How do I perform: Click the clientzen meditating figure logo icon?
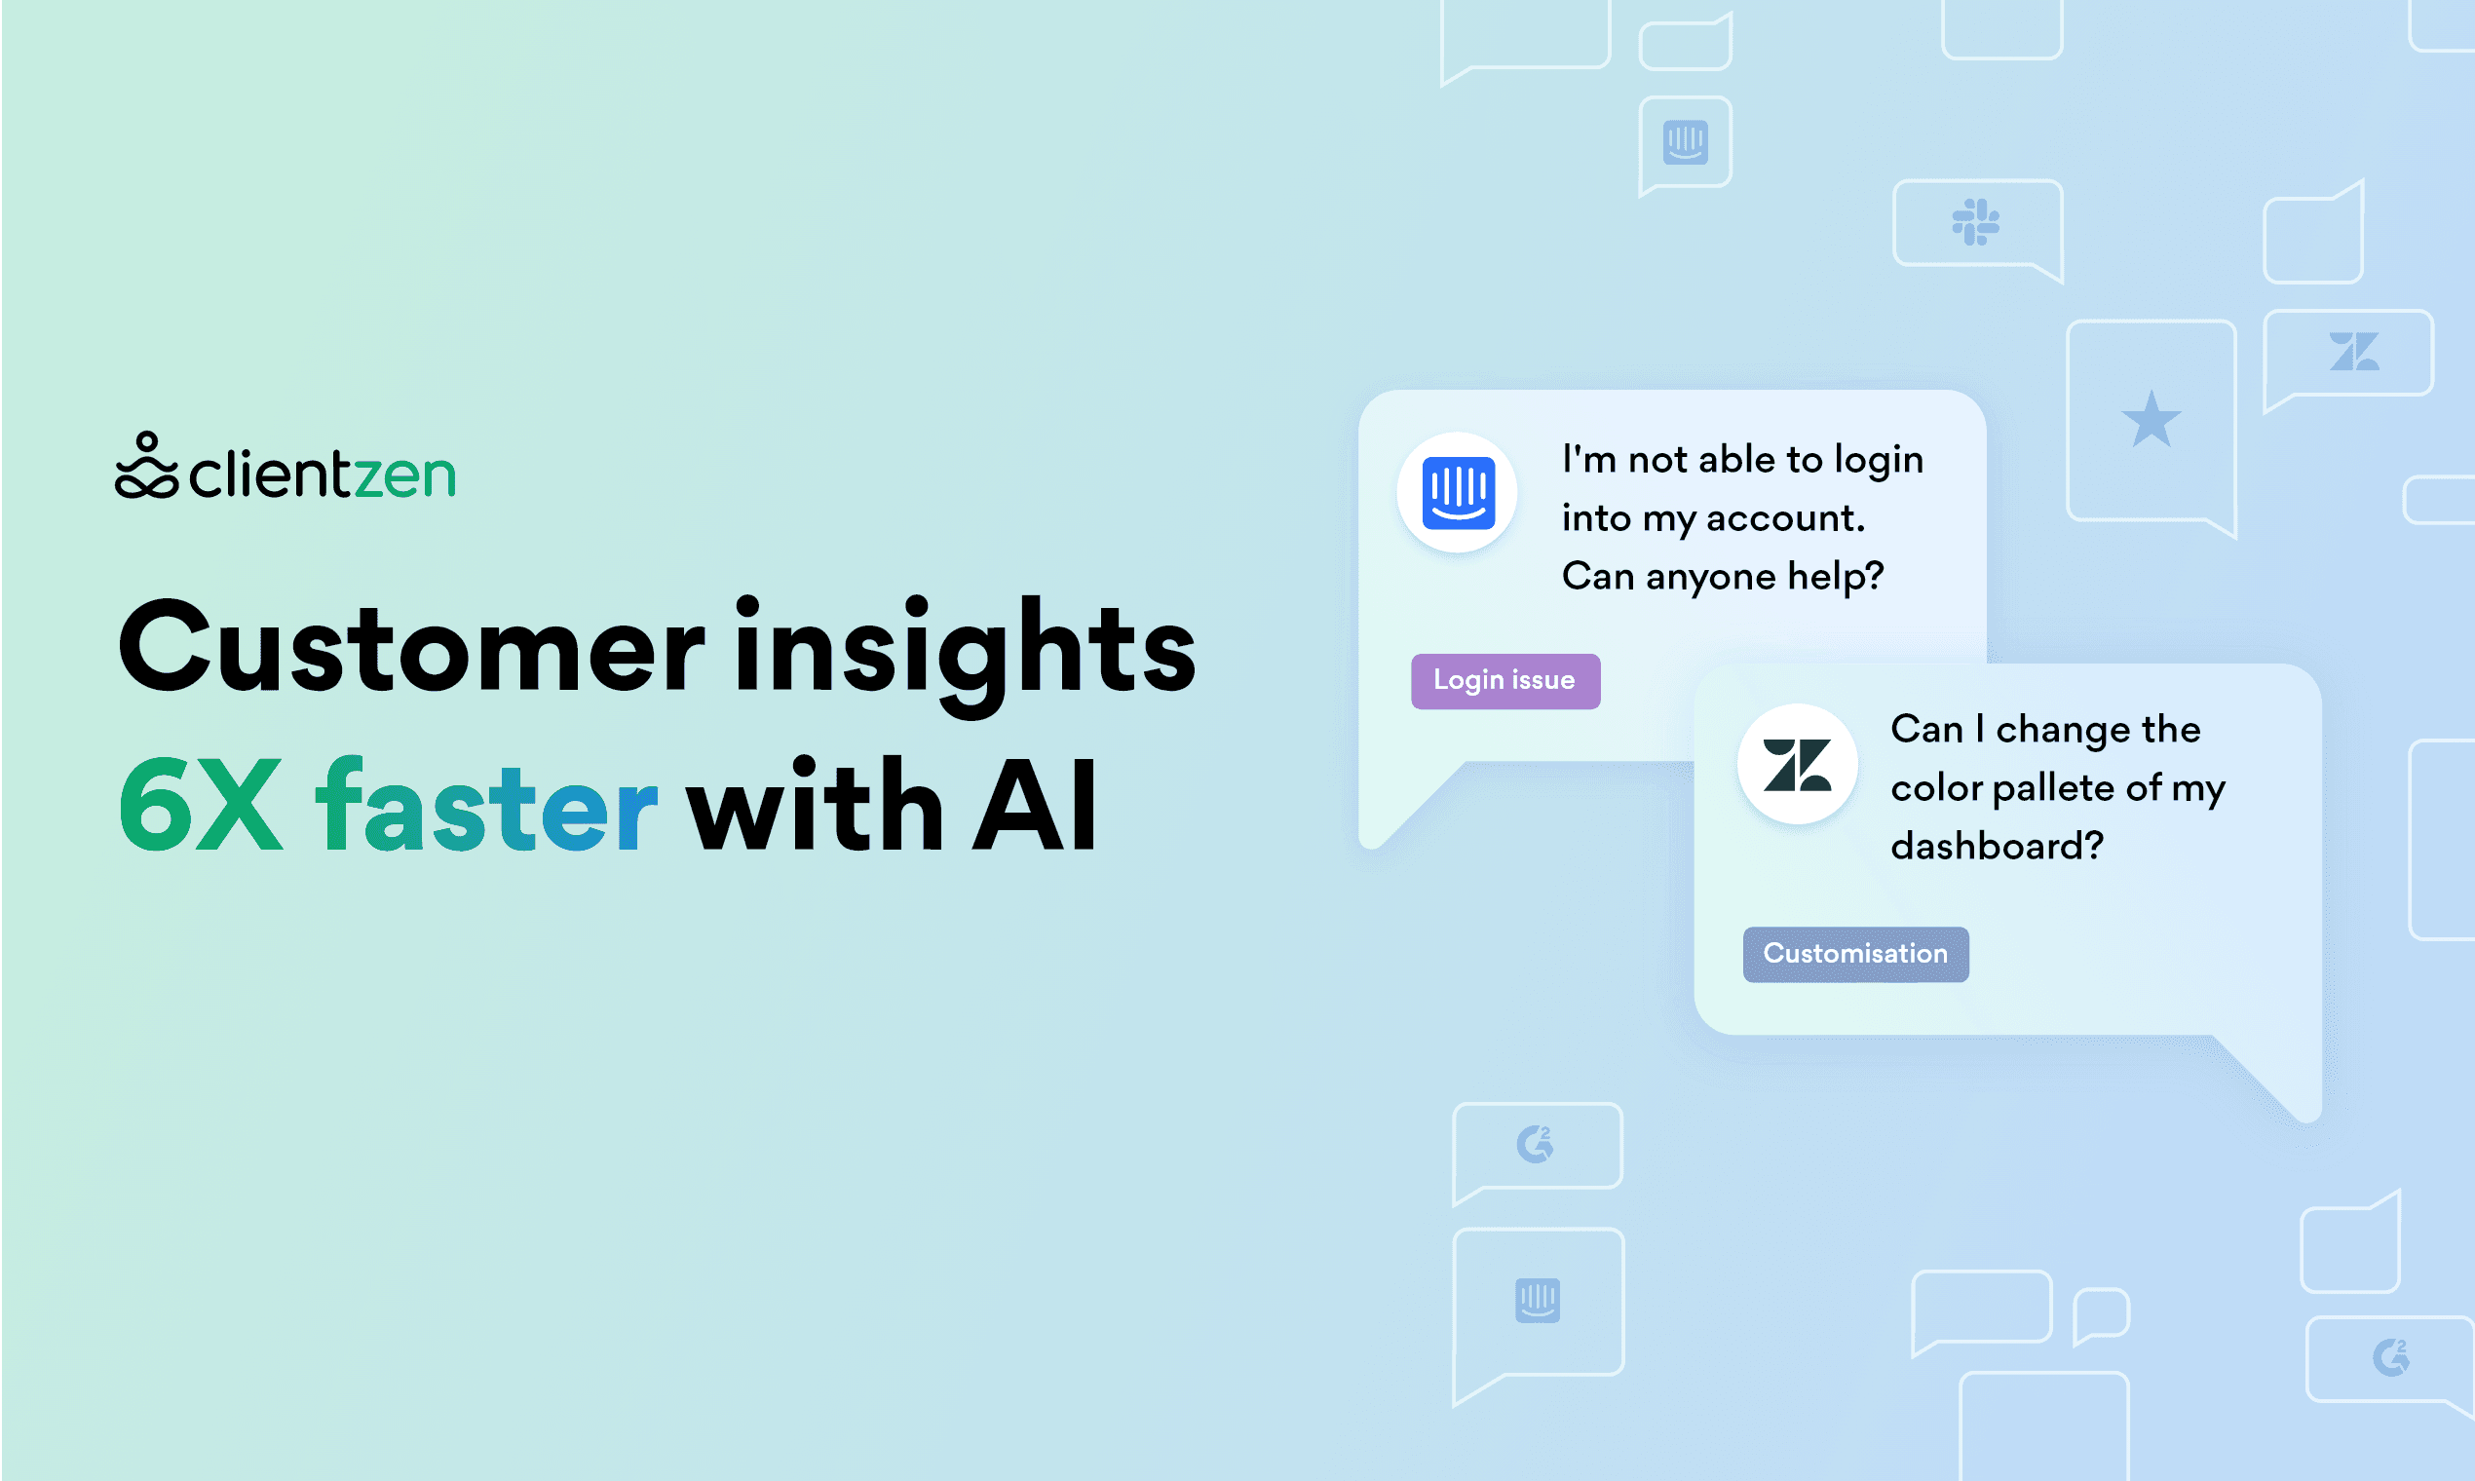(x=147, y=465)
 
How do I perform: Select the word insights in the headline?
(x=965, y=654)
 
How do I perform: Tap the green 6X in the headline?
(x=201, y=805)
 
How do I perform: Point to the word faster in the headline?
(x=486, y=805)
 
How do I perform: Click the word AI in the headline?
(x=1034, y=805)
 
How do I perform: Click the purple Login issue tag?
(x=1504, y=681)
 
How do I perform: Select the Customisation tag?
(x=1855, y=954)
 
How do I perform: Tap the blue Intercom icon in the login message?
(x=1457, y=492)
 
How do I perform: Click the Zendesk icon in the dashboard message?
(x=1797, y=765)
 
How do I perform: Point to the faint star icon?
(x=2151, y=419)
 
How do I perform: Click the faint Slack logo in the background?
(x=1975, y=221)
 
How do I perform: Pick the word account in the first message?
(x=1785, y=518)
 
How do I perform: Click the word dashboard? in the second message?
(x=1996, y=846)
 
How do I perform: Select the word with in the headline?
(x=815, y=805)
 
